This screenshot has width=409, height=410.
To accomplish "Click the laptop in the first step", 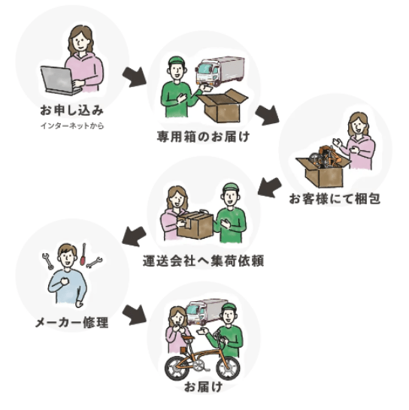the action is coord(61,80).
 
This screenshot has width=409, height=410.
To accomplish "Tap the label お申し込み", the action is coord(72,110).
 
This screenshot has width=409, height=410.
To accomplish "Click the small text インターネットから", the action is coord(72,125).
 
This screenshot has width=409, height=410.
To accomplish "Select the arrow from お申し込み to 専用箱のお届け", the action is coord(135,77).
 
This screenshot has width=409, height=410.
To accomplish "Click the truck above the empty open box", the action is coord(220,71).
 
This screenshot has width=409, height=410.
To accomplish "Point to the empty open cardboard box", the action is coord(223,106).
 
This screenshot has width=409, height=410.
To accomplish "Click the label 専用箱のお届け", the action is coord(203,137).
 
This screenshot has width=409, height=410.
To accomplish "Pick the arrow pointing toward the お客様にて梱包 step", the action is coord(268,115).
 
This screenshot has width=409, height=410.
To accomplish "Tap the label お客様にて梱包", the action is coord(335,199).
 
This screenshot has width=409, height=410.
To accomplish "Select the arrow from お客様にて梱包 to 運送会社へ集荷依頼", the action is coord(269,187).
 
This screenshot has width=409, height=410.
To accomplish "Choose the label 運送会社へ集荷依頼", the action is coord(203,261).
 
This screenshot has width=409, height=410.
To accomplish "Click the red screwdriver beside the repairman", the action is coord(83,254).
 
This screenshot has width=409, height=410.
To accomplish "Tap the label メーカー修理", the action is coord(71,322).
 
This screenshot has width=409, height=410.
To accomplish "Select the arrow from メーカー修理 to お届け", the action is coord(135,315).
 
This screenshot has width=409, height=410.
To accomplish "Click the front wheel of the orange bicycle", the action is coord(228,367).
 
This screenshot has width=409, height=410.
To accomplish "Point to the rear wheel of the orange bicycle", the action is coord(177,368).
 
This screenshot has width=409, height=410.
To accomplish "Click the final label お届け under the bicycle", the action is coord(204,387).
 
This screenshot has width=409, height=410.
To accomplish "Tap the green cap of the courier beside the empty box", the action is coord(177,62).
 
